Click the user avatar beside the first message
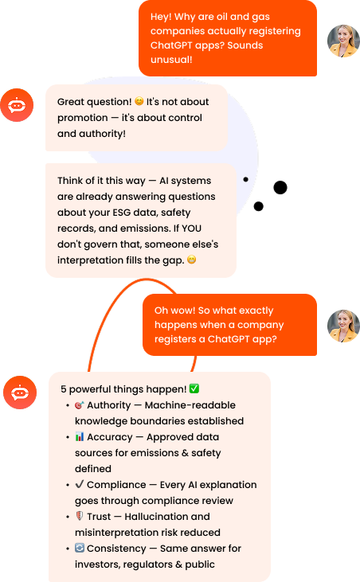343,41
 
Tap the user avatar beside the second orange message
343,326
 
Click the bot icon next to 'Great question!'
17,105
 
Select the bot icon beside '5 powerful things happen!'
20,393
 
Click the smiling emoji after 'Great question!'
139,101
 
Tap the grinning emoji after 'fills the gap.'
191,260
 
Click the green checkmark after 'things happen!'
194,389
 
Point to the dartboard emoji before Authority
80,405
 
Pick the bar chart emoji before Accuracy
80,436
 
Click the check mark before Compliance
80,484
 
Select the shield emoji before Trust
80,516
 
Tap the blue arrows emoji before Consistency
80,548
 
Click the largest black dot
280,187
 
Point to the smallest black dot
245,179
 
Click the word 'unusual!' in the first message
171,60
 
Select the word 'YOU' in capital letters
191,229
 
